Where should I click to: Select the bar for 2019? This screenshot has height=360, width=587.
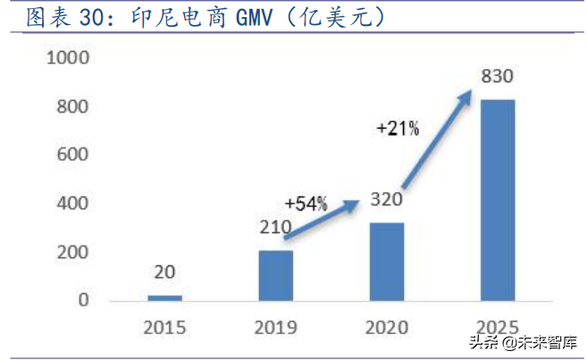pyautogui.click(x=275, y=275)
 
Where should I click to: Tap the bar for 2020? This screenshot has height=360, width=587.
pyautogui.click(x=386, y=261)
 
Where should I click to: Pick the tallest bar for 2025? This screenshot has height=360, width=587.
pyautogui.click(x=497, y=199)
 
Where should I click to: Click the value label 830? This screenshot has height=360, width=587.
pyautogui.click(x=497, y=77)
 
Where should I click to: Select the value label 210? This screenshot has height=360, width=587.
pyautogui.click(x=275, y=229)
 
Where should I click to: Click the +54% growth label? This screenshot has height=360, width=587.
pyautogui.click(x=306, y=205)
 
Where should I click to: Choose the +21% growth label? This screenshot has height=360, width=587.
pyautogui.click(x=398, y=130)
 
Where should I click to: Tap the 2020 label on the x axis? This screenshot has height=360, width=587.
pyautogui.click(x=386, y=327)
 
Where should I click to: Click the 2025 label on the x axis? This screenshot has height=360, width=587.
pyautogui.click(x=497, y=327)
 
